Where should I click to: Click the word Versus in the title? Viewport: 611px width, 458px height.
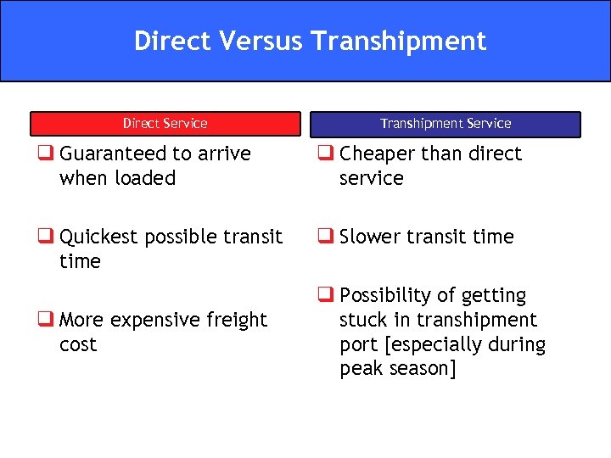pos(264,42)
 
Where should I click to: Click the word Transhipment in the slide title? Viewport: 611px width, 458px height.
pos(398,42)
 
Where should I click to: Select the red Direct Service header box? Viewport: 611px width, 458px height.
pos(165,124)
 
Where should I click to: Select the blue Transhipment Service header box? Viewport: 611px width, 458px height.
pos(446,124)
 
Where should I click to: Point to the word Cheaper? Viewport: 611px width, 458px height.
pos(377,154)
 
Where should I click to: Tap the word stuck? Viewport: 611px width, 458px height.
pos(362,321)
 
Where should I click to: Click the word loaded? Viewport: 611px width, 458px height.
pos(147,179)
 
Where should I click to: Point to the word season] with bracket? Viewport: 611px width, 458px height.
pos(423,370)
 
